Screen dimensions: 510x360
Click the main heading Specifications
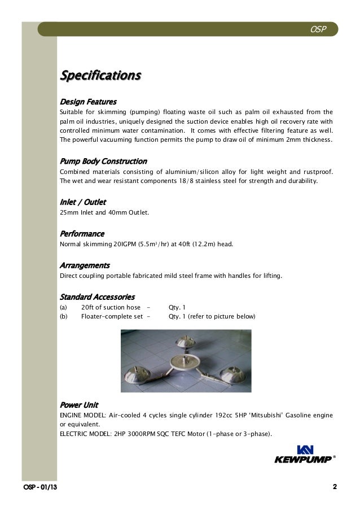[x=100, y=75]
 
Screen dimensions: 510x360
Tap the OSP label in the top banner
[x=318, y=29]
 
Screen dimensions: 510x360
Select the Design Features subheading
[x=88, y=102]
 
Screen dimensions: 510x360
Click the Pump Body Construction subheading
[x=103, y=162]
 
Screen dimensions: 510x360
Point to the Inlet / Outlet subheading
[x=83, y=202]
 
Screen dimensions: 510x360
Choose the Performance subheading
[x=82, y=233]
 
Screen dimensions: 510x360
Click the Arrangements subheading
[x=85, y=265]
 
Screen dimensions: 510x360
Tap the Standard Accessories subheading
[x=97, y=297]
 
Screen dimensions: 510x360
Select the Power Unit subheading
[x=79, y=405]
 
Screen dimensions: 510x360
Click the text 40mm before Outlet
[x=116, y=213]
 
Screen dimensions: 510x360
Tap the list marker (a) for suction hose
[x=63, y=307]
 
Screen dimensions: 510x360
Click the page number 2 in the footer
[x=335, y=487]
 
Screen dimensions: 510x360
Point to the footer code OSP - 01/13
[x=39, y=487]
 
